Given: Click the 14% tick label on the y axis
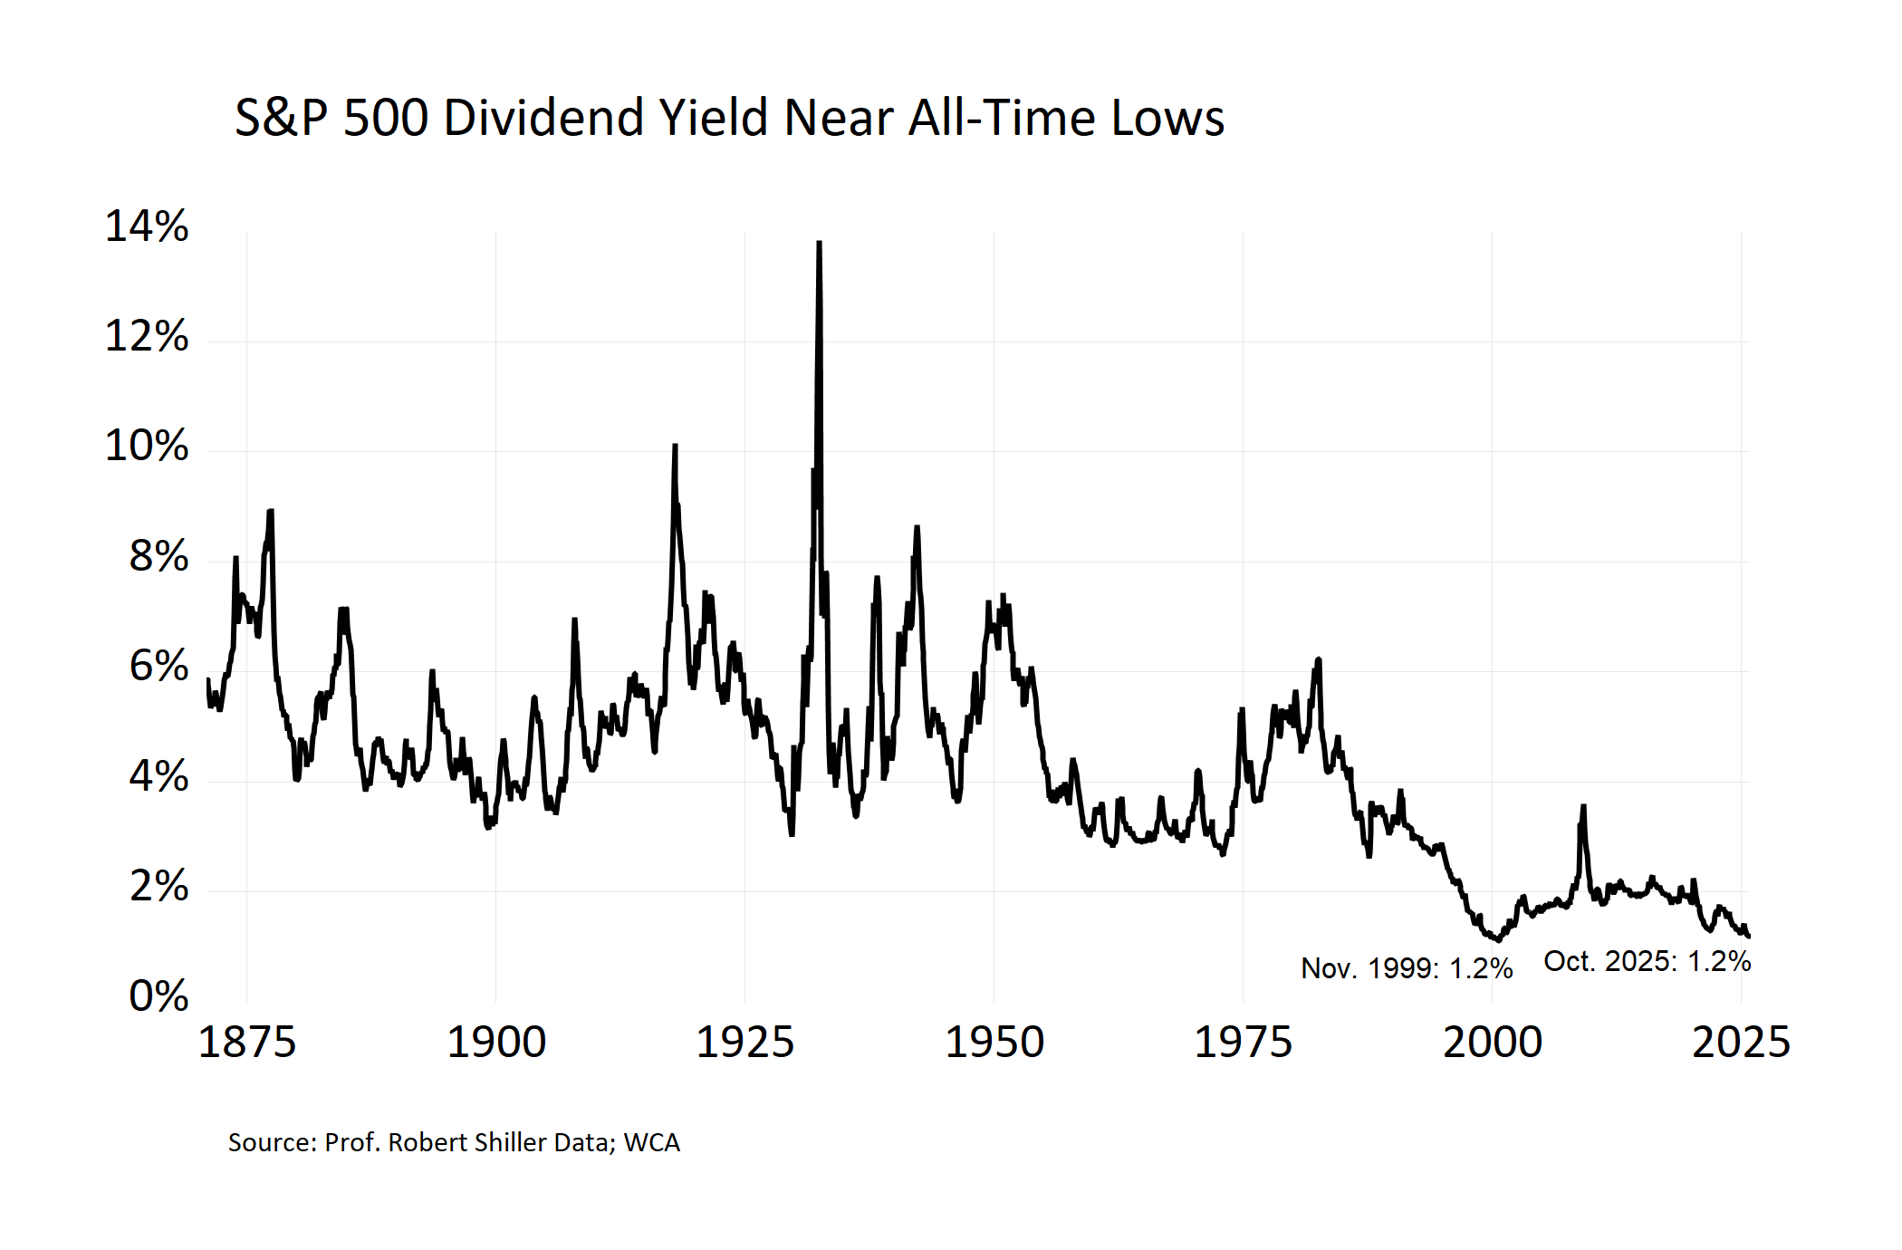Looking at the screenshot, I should point(147,226).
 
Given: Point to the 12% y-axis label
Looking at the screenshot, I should point(147,337).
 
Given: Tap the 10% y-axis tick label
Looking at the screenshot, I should point(147,447).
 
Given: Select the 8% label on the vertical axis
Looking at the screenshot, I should point(158,557).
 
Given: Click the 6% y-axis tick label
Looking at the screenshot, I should point(158,667).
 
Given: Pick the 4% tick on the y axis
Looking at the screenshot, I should point(158,777).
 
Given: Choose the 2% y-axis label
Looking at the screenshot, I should point(158,887).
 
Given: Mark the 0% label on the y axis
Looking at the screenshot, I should point(158,996).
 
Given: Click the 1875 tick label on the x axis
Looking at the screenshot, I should point(246,1043).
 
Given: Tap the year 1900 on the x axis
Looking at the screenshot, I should point(496,1043).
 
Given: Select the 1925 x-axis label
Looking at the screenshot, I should point(744,1043).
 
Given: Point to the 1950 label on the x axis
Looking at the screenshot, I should point(994,1043).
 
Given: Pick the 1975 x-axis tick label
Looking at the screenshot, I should point(1243,1043).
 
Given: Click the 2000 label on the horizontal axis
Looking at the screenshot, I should point(1493,1043).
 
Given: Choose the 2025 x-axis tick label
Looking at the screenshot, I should point(1741,1043).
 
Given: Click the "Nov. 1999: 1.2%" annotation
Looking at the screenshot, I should point(1407,968).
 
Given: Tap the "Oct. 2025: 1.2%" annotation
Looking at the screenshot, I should point(1647,961).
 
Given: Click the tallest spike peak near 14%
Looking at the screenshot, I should point(819,243).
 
